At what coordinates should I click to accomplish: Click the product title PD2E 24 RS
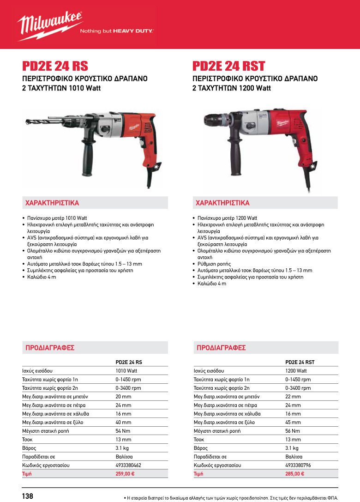pos(55,66)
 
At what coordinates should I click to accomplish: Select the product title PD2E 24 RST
pos(228,66)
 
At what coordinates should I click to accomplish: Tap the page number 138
pos(28,496)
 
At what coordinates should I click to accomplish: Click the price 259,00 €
pos(125,474)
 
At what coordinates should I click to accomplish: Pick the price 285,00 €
pos(295,474)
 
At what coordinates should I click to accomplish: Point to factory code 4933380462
pos(128,465)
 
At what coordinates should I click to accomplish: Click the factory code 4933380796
pos(299,465)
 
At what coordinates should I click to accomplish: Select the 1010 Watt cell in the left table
pos(126,371)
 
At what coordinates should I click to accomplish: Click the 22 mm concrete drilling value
pos(293,397)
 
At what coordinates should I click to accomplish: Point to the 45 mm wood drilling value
pos(293,423)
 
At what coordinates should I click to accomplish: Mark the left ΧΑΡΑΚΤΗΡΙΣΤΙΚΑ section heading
pos(52,203)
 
